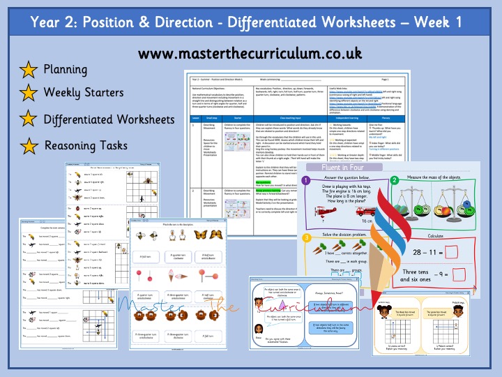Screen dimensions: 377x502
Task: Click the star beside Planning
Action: click(29, 70)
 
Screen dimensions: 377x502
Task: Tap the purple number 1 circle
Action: click(306, 181)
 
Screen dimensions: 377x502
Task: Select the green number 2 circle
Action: click(395, 181)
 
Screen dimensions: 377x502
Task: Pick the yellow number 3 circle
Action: click(306, 238)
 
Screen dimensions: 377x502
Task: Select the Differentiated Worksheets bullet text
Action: click(109, 119)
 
